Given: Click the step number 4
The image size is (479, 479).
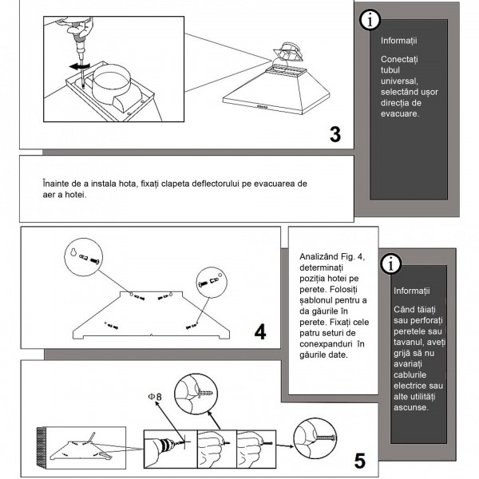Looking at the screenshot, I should pos(260,331).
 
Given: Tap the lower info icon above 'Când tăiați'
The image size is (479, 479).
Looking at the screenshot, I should pos(391,264).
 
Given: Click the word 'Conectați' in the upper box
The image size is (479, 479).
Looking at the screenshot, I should pos(394,60).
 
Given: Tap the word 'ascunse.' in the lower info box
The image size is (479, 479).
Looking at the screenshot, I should pos(411,408).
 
